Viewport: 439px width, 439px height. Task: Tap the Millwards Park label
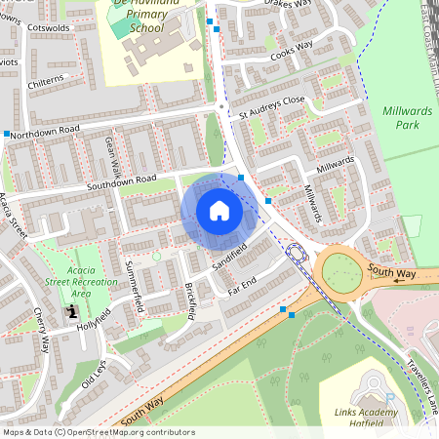coord(409,118)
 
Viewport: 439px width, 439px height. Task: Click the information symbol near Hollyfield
coord(72,312)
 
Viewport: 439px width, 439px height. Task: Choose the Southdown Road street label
coord(121,180)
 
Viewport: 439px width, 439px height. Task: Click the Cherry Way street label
coord(42,332)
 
